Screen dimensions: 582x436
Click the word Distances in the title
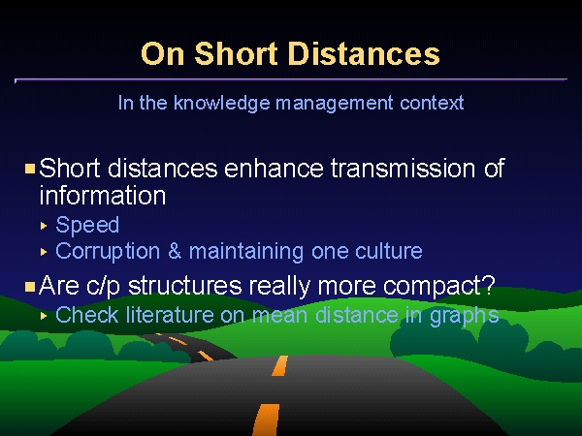point(364,53)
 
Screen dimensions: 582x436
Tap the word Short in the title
point(236,53)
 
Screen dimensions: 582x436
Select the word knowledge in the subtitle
point(221,103)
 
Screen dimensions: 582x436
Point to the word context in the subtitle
point(432,103)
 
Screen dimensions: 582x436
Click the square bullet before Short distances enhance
point(30,169)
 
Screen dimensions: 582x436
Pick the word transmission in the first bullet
point(403,169)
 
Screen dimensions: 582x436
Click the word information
point(103,195)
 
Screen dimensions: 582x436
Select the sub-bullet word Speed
point(87,225)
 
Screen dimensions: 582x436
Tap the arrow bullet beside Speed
point(44,226)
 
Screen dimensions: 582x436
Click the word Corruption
point(108,252)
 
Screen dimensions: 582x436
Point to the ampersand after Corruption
point(175,251)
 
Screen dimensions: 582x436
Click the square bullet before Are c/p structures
point(30,287)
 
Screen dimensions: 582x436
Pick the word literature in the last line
point(170,315)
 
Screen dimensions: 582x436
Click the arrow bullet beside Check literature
point(44,316)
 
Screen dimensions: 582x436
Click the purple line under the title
point(291,79)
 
